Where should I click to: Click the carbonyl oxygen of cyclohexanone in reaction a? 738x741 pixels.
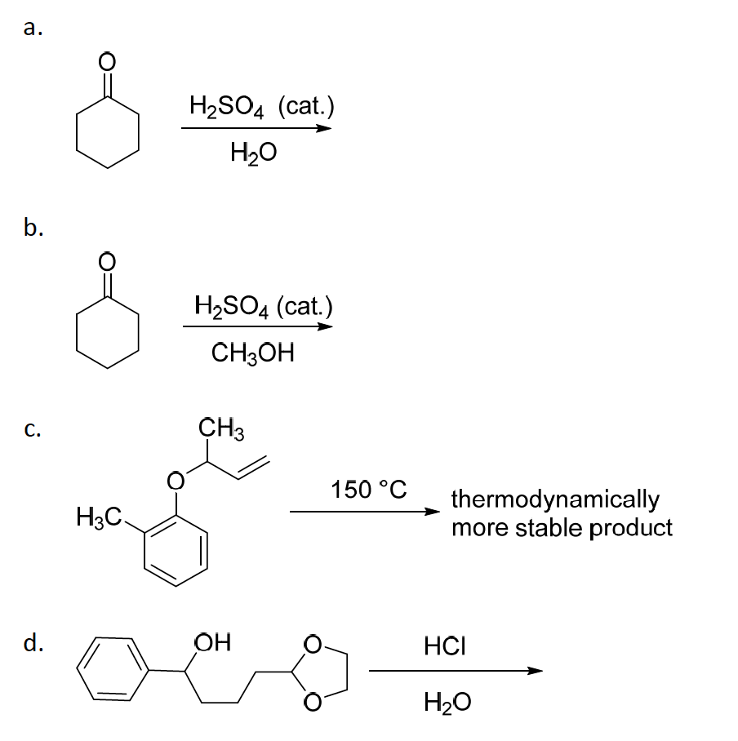pyautogui.click(x=107, y=60)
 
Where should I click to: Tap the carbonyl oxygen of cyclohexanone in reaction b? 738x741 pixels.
pyautogui.click(x=107, y=261)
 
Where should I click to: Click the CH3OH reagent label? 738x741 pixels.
pyautogui.click(x=252, y=353)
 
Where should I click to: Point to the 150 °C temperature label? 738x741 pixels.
pyautogui.click(x=369, y=489)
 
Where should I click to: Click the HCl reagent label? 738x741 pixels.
pyautogui.click(x=445, y=646)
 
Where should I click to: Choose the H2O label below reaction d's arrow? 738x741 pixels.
pyautogui.click(x=447, y=702)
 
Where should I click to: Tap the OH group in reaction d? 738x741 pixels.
pyautogui.click(x=213, y=642)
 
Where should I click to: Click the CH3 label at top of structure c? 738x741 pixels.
pyautogui.click(x=221, y=428)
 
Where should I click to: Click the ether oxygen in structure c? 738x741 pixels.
pyautogui.click(x=176, y=481)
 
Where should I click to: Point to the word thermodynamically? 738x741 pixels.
pyautogui.click(x=555, y=500)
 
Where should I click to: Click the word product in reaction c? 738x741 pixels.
pyautogui.click(x=631, y=528)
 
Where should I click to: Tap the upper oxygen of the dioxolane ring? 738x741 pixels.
pyautogui.click(x=312, y=645)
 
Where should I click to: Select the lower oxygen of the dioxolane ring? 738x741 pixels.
pyautogui.click(x=312, y=702)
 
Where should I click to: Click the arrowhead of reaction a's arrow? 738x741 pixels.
pyautogui.click(x=324, y=128)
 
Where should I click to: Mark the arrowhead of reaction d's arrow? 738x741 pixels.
pyautogui.click(x=535, y=671)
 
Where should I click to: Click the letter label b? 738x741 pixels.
pyautogui.click(x=33, y=227)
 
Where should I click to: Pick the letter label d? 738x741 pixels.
pyautogui.click(x=33, y=642)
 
